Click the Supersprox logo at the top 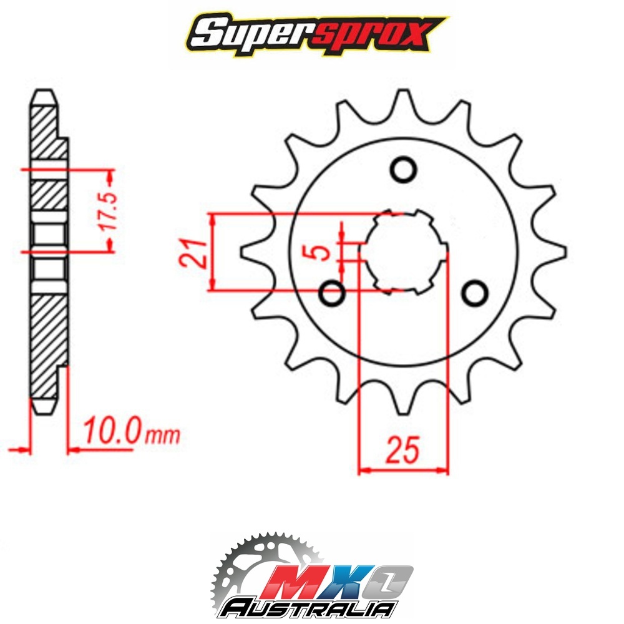(x=317, y=36)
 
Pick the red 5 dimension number (x=321, y=252)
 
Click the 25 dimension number (x=403, y=450)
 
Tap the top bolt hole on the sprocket (x=403, y=170)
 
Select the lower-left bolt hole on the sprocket (x=332, y=294)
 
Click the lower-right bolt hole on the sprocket (x=475, y=294)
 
